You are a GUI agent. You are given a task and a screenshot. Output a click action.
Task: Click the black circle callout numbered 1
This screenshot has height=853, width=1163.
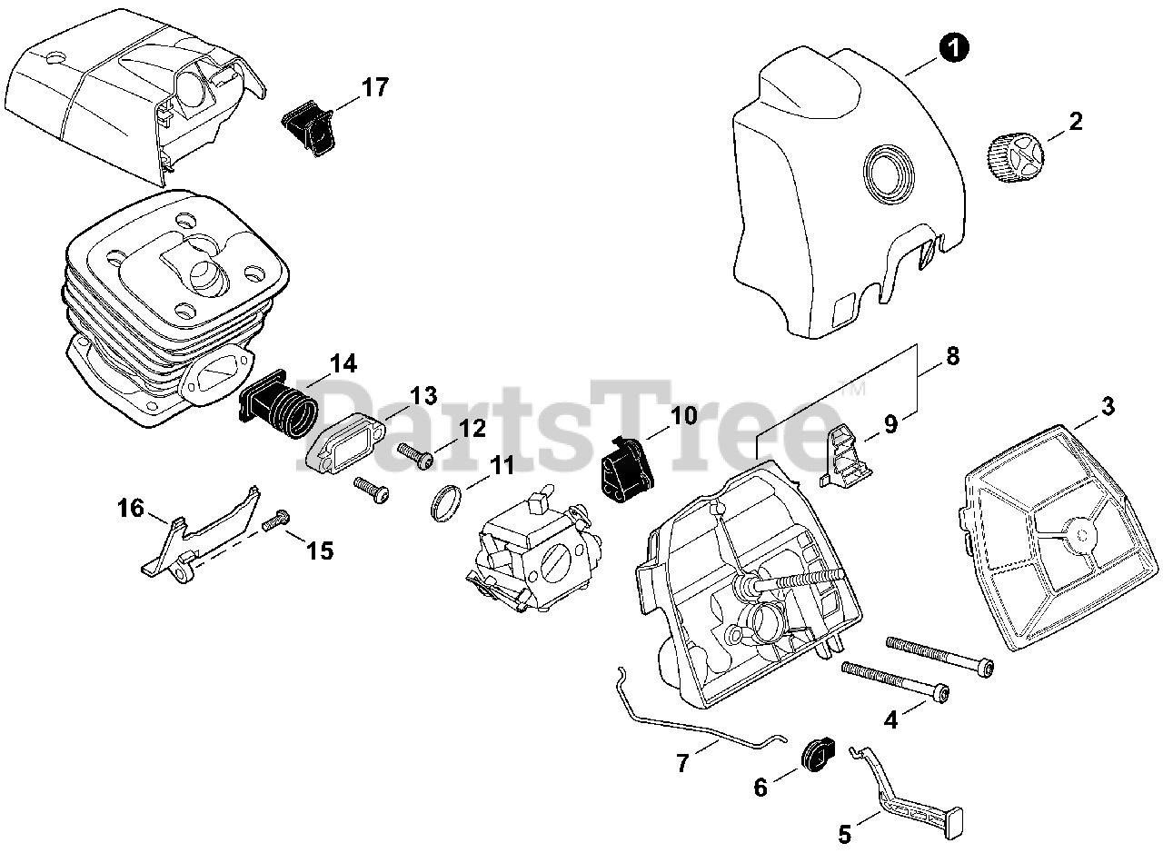pos(952,46)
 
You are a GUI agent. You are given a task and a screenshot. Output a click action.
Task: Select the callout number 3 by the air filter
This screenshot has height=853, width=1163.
pos(1108,407)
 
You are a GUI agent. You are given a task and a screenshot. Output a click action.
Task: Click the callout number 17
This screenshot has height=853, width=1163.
pos(374,88)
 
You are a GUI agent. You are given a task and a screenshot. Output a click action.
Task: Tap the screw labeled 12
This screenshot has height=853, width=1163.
pos(416,454)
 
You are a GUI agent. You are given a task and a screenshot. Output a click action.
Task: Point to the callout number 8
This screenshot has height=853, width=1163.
pos(951,357)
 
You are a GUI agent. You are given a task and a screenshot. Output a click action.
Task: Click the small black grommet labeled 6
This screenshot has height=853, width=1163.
pos(810,753)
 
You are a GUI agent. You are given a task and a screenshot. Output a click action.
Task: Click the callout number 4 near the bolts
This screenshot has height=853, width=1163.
pos(891,719)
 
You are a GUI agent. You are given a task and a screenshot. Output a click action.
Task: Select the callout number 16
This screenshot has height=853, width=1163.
pos(131,508)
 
